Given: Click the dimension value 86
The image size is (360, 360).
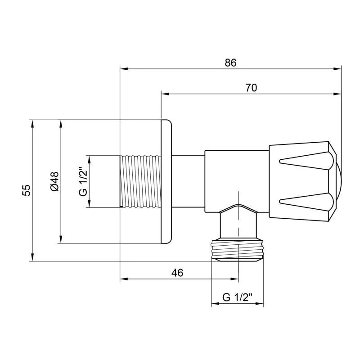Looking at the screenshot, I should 230,63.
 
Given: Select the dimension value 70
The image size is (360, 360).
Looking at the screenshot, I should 251,88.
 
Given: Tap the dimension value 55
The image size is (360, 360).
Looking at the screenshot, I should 27,190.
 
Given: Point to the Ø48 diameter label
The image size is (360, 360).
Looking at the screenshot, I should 54,182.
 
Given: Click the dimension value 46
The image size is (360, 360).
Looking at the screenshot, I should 178,273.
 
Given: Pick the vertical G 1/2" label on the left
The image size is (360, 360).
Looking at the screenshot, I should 82,182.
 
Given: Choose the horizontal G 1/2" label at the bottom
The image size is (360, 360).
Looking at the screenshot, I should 237,297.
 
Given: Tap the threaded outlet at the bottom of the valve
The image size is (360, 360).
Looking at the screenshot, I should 237,250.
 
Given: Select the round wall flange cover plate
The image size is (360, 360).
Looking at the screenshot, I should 166,182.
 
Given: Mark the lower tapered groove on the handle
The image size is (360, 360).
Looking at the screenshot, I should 306,201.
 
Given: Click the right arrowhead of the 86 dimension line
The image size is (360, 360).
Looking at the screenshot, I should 338,69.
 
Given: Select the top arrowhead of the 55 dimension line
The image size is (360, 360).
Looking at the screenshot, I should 32,123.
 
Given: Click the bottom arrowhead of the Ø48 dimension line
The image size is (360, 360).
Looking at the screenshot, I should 60,240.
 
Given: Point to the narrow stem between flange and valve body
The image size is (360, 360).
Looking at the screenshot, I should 188,182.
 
